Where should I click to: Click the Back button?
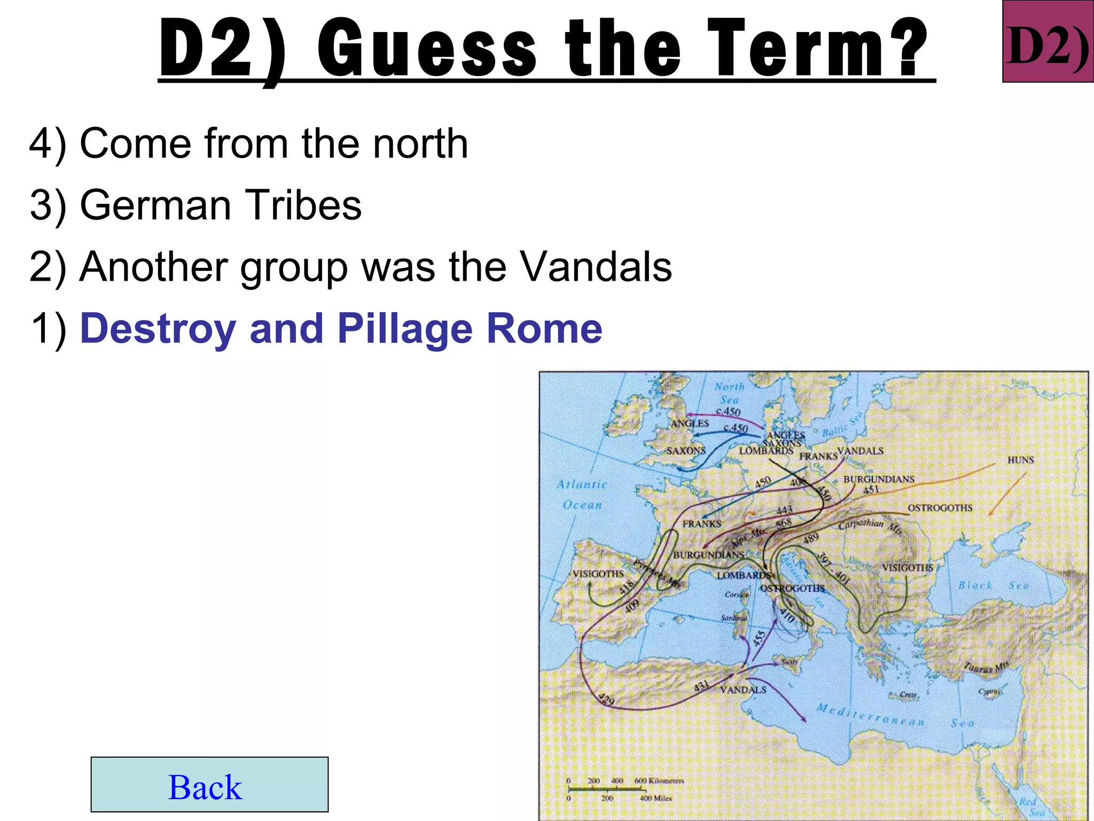[x=209, y=785]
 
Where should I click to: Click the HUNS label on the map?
[x=1021, y=460]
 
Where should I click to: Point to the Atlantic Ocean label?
[x=582, y=494]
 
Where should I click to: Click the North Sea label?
[x=729, y=393]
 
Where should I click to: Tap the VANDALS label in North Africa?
[x=743, y=690]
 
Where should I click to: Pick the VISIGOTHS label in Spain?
[x=598, y=574]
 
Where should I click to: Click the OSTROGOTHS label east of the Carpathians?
[x=940, y=508]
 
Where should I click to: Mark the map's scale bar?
[x=620, y=789]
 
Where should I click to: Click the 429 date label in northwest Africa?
[x=606, y=699]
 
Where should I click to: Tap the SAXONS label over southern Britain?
[x=686, y=451]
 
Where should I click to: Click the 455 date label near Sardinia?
[x=759, y=638]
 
